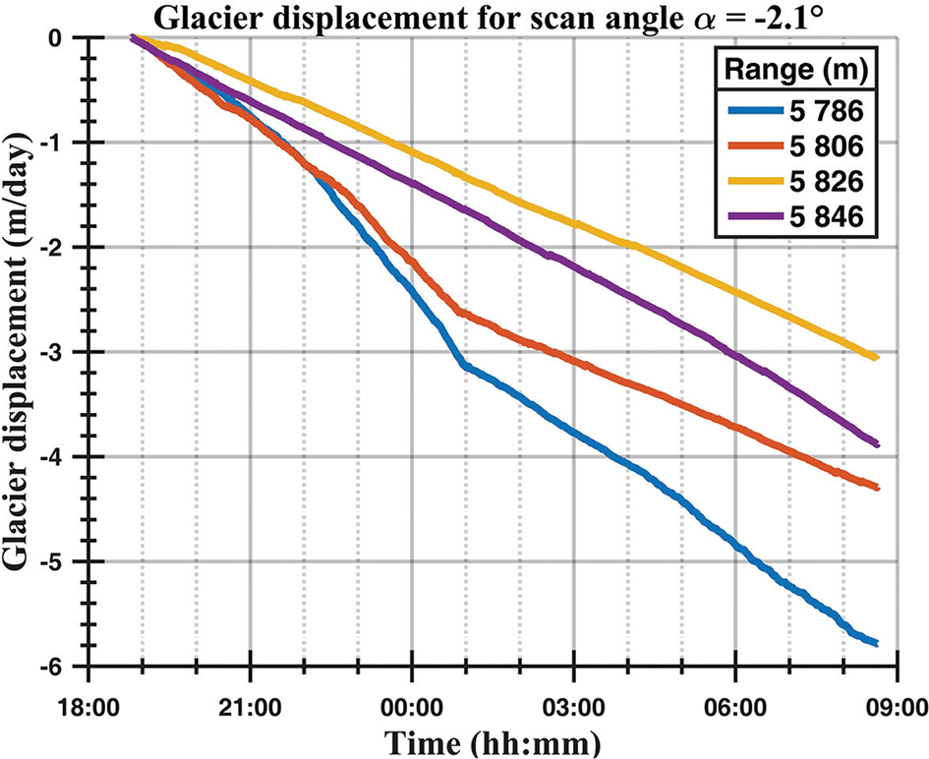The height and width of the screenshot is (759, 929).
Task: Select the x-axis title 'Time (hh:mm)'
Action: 492,739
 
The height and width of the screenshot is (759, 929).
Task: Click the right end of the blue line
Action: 875,643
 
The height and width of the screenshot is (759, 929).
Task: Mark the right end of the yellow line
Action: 875,358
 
